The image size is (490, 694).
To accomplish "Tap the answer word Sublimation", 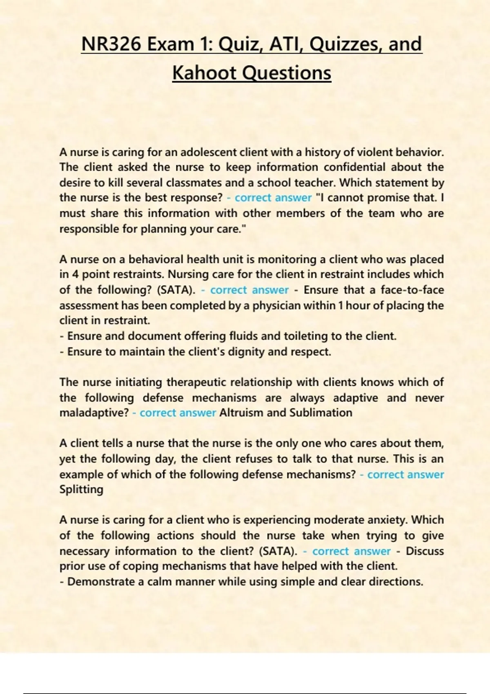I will pos(321,413).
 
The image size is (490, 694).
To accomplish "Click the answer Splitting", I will pos(81,489).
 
